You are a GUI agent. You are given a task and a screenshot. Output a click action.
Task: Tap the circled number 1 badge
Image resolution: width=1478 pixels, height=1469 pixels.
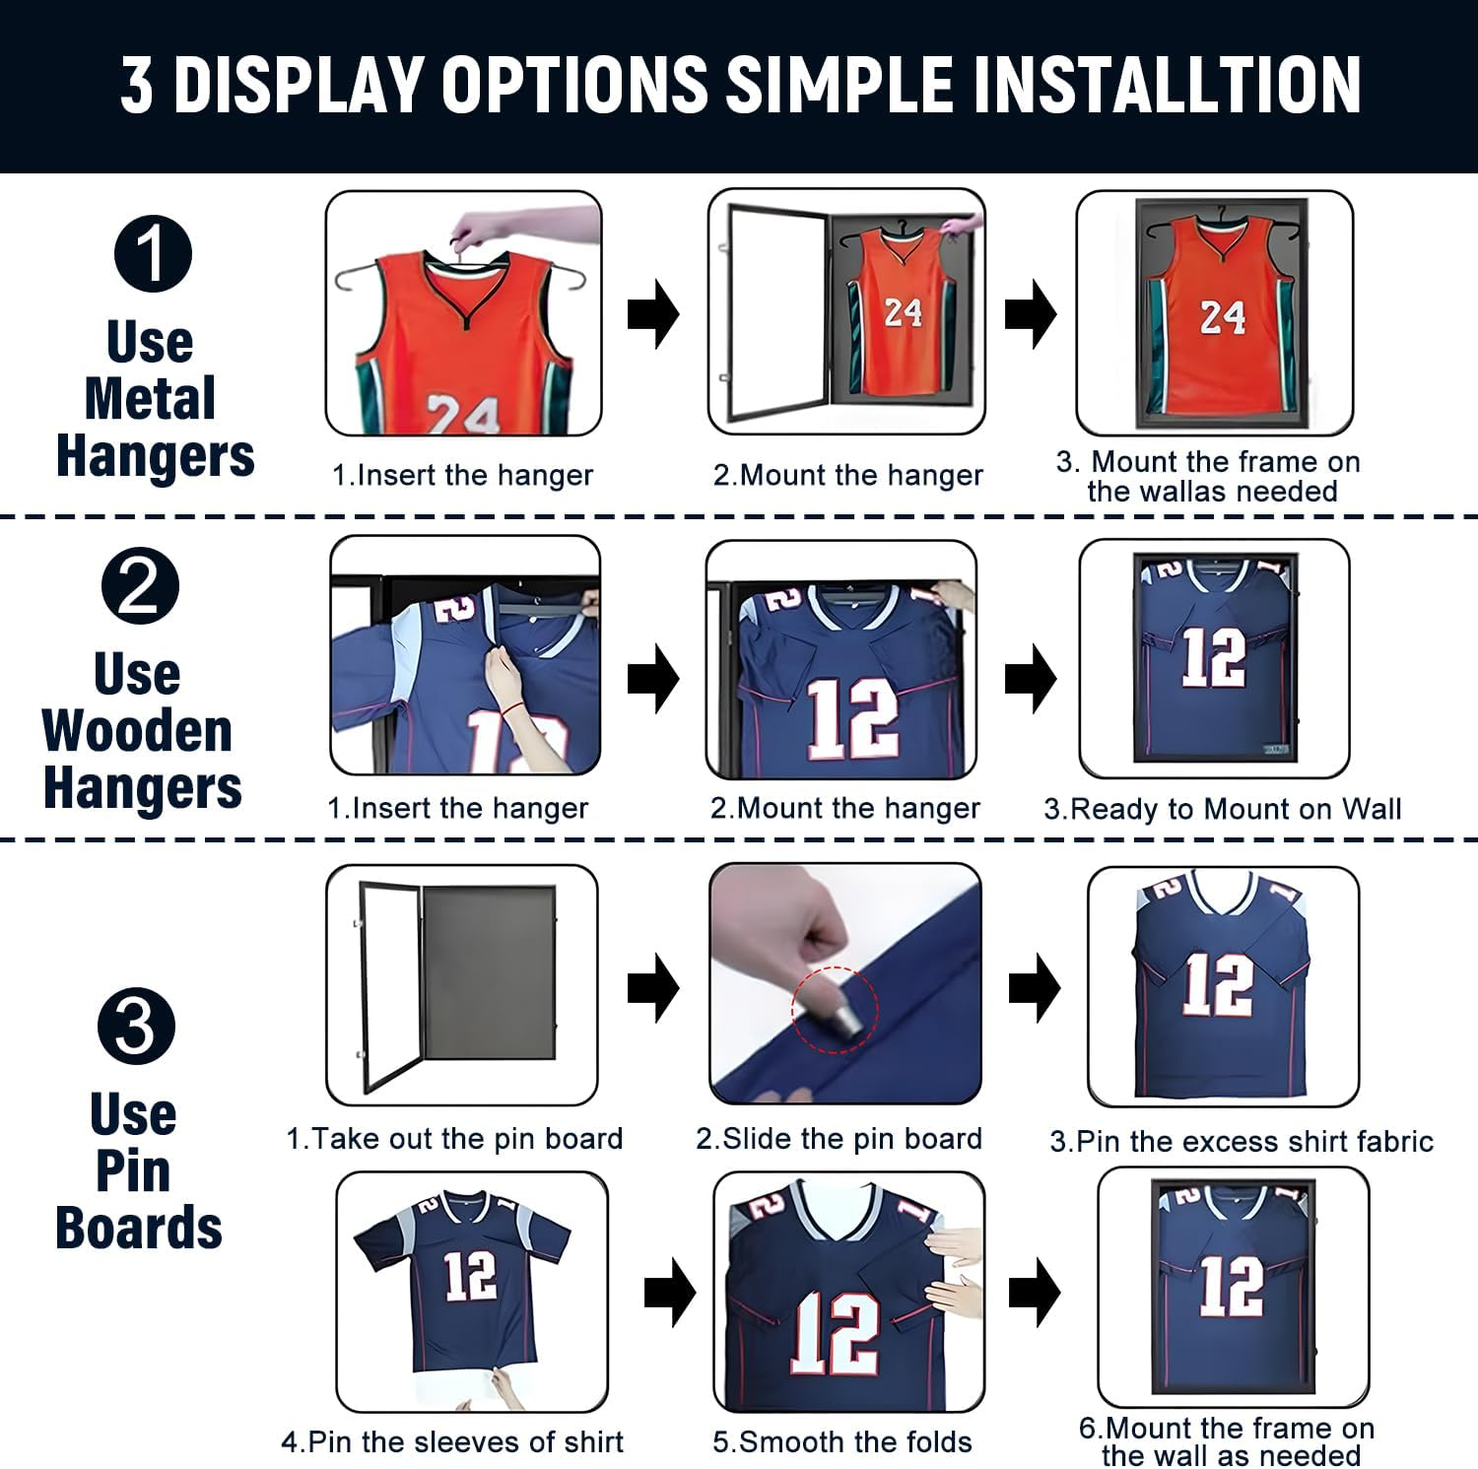click(x=153, y=253)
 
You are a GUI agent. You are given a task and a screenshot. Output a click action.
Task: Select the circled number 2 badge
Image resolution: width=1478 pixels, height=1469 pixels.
click(x=140, y=585)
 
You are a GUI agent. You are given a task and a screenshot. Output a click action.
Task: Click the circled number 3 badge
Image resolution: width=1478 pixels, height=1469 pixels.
click(x=136, y=1026)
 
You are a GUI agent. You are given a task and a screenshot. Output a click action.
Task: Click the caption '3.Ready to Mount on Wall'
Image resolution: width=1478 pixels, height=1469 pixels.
click(x=1222, y=809)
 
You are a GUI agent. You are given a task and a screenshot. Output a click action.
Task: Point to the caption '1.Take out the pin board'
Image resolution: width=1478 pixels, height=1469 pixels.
click(x=454, y=1139)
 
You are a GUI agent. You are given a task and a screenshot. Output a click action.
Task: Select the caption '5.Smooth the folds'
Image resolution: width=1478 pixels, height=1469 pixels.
click(x=841, y=1442)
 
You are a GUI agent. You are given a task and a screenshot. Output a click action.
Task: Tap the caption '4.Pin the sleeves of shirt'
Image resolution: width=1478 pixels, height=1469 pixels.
click(x=452, y=1442)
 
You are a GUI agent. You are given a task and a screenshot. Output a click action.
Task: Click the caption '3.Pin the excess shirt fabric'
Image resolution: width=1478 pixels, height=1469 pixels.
click(x=1242, y=1142)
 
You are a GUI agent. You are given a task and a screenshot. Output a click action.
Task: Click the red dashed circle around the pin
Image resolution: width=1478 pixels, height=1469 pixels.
click(x=835, y=1009)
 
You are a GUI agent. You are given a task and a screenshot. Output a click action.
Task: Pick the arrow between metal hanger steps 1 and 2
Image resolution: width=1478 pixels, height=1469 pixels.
click(x=653, y=314)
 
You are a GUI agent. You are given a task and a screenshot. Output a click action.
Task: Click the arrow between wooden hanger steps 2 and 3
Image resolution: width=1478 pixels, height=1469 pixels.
click(x=1030, y=678)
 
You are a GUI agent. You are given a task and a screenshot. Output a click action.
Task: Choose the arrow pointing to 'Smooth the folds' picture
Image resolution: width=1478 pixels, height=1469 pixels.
click(x=670, y=1292)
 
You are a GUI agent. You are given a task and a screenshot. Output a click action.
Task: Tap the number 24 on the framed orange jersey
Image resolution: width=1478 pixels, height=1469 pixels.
click(x=1222, y=317)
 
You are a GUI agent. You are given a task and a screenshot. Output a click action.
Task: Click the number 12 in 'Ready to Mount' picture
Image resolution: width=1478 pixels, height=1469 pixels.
click(x=1213, y=656)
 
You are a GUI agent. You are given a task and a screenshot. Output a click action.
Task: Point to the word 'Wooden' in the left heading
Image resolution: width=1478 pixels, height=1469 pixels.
click(x=137, y=731)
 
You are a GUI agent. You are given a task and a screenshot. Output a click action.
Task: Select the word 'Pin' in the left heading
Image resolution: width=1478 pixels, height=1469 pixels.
click(x=133, y=1171)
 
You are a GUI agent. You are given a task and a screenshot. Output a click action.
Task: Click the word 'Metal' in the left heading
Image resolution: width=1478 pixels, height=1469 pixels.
click(x=150, y=399)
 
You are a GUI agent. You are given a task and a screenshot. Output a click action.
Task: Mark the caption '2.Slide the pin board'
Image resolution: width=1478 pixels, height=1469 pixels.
click(x=839, y=1139)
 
